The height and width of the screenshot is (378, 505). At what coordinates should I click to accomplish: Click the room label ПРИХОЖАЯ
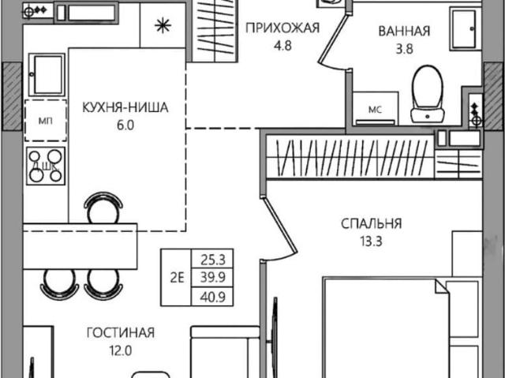282,28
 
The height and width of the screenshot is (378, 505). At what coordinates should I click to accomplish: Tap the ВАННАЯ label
404,32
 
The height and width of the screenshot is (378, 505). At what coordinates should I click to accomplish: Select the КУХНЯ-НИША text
125,107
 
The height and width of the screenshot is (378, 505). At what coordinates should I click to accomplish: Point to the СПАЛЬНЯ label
372,223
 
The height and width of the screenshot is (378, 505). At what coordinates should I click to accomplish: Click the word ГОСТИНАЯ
121,332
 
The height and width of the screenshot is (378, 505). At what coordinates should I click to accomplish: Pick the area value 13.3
372,241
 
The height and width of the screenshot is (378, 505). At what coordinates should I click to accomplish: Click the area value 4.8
282,46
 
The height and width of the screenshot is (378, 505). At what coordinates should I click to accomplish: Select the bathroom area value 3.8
404,49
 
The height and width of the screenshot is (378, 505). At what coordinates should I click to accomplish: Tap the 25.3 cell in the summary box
212,260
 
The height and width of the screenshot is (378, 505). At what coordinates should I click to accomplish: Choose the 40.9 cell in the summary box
212,297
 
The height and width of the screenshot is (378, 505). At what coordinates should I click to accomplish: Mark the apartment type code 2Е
177,278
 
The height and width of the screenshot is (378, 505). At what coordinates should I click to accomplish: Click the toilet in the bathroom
428,94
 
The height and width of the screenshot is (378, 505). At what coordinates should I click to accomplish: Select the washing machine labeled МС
376,108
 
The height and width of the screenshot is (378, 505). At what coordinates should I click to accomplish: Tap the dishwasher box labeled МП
46,121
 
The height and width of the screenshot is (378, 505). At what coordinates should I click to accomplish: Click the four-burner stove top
46,167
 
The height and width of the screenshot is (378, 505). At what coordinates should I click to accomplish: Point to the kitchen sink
47,75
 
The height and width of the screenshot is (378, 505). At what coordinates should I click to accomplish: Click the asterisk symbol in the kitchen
163,26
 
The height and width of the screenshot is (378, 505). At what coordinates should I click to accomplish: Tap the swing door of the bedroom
279,226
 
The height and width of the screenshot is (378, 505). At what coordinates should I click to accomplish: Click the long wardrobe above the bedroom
350,158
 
